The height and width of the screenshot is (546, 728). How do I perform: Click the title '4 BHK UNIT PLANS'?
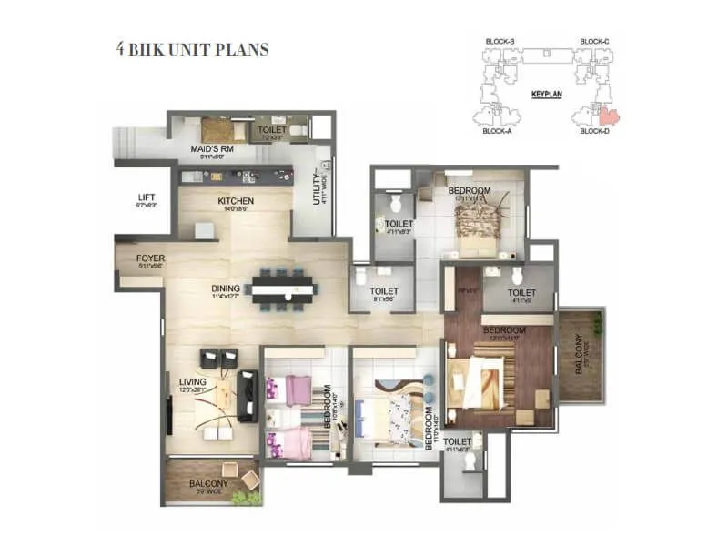(x=192, y=49)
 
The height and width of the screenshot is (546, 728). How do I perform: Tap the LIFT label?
(x=146, y=197)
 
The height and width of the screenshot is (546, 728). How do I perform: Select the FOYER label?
(x=150, y=258)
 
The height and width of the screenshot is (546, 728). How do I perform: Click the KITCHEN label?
(x=235, y=201)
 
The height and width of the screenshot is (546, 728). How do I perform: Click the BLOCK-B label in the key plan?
(x=500, y=42)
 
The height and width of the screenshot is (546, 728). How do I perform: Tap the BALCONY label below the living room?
(x=208, y=484)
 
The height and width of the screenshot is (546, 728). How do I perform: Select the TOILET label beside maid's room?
(x=272, y=130)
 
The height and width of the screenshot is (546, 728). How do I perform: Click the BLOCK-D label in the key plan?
(x=594, y=131)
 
